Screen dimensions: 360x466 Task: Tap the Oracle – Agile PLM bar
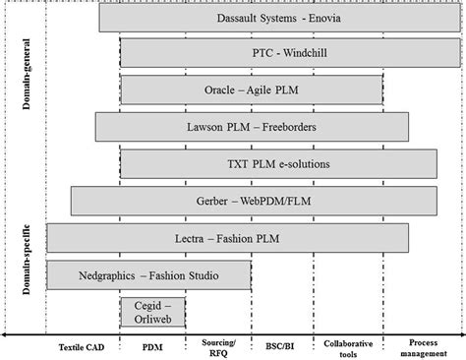[251, 90]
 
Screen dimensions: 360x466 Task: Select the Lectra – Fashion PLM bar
[228, 237]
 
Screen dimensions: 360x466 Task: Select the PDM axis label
[152, 347]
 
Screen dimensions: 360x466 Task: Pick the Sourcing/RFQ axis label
[217, 347]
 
